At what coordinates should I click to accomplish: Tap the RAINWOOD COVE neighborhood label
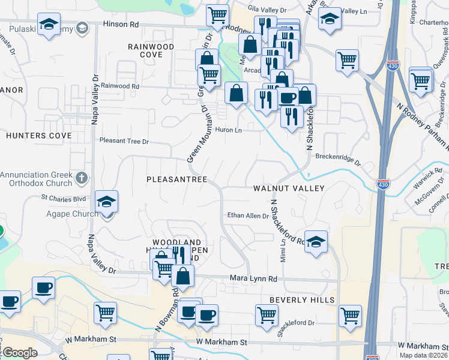pyautogui.click(x=151, y=50)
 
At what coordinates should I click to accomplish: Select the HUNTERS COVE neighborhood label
pyautogui.click(x=39, y=136)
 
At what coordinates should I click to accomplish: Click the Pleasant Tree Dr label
pyautogui.click(x=124, y=142)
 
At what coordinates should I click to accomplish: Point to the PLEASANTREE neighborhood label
pyautogui.click(x=177, y=179)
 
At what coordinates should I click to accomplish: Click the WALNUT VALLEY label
pyautogui.click(x=289, y=188)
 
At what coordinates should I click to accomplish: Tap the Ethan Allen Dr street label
pyautogui.click(x=247, y=215)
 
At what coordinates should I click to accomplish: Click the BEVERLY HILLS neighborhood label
pyautogui.click(x=297, y=299)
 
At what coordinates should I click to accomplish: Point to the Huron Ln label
pyautogui.click(x=228, y=130)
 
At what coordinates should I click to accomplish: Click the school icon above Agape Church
pyautogui.click(x=106, y=202)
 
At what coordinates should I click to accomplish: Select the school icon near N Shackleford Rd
pyautogui.click(x=316, y=242)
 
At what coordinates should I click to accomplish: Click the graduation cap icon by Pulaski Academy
pyautogui.click(x=48, y=25)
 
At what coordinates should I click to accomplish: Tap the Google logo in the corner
pyautogui.click(x=19, y=353)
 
